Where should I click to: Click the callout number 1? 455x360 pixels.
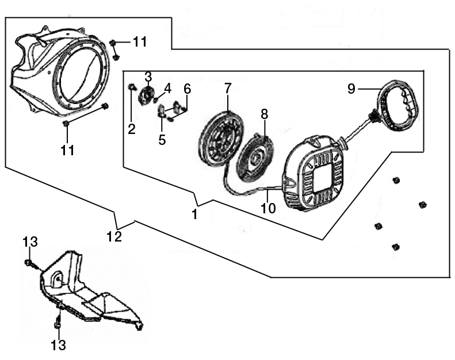pyautogui.click(x=194, y=215)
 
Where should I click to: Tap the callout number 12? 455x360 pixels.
pyautogui.click(x=114, y=236)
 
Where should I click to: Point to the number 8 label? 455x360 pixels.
pyautogui.click(x=265, y=113)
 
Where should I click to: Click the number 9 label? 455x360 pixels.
pyautogui.click(x=351, y=89)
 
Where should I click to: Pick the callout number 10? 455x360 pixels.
pyautogui.click(x=269, y=208)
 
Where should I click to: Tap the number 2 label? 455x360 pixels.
pyautogui.click(x=132, y=129)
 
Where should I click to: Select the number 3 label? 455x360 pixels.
pyautogui.click(x=148, y=76)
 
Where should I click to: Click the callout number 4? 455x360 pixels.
pyautogui.click(x=167, y=88)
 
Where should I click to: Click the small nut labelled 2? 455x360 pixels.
pyautogui.click(x=131, y=87)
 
